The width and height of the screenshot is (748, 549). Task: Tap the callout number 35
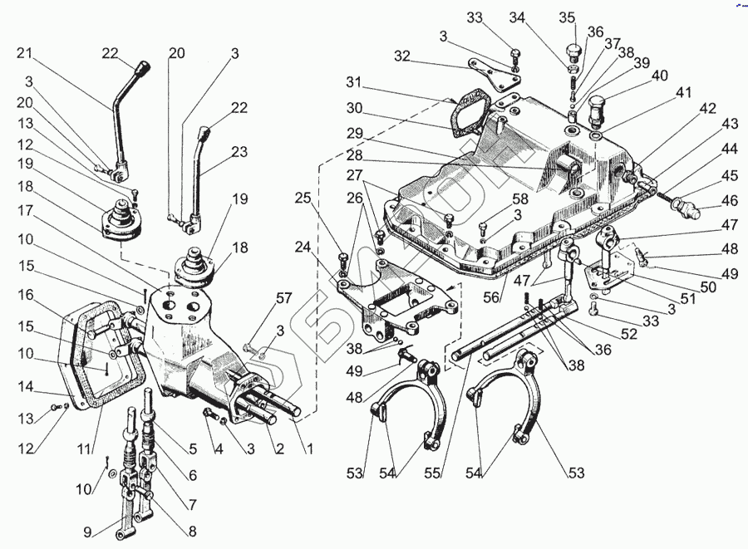pos(567,18)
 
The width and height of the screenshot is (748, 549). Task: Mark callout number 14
pos(24,386)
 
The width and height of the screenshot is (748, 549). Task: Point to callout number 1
pos(310,449)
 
